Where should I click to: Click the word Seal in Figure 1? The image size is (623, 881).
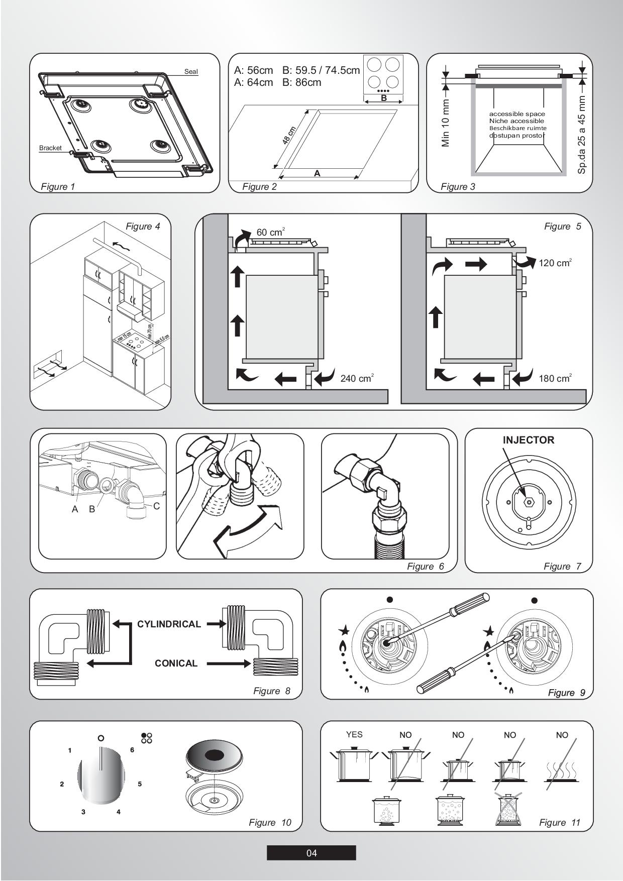click(191, 71)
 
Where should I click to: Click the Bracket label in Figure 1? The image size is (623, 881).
click(50, 148)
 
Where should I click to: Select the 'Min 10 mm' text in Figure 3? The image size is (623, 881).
click(446, 123)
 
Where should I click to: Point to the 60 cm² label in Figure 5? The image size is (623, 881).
click(270, 232)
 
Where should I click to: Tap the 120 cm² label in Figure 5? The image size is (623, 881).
click(555, 263)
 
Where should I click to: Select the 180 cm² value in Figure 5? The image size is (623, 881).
click(555, 378)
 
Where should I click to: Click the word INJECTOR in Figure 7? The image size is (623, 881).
click(529, 440)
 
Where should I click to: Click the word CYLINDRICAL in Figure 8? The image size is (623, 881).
click(169, 624)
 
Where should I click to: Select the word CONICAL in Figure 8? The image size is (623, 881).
click(176, 663)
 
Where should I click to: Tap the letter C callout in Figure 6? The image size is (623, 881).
click(157, 506)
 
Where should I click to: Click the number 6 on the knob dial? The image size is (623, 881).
click(132, 749)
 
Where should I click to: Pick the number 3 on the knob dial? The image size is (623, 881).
click(83, 812)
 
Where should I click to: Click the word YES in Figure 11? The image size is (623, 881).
click(354, 734)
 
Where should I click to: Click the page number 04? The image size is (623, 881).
click(311, 853)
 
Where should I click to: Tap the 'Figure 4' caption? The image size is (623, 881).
click(143, 226)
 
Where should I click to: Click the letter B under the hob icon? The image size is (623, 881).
click(384, 98)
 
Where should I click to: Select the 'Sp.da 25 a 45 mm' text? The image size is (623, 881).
click(582, 135)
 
